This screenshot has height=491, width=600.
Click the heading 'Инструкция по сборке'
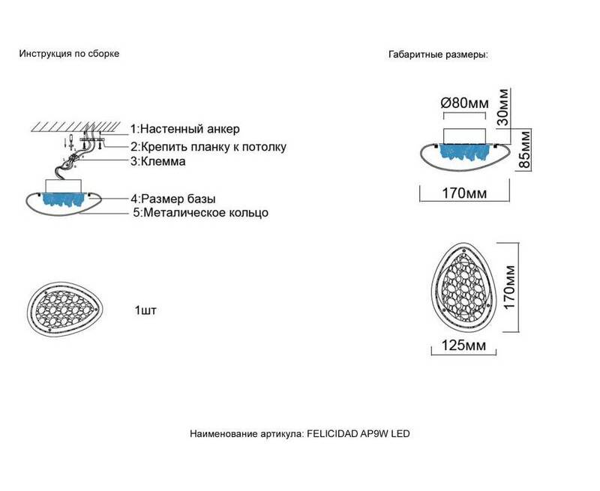(69, 53)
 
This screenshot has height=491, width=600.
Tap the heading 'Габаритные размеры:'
(438, 55)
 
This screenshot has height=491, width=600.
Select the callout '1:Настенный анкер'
(185, 129)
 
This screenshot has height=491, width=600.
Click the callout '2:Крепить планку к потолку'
(208, 147)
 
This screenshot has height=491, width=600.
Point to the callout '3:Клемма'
(158, 161)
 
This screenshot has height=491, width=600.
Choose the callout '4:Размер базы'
(173, 199)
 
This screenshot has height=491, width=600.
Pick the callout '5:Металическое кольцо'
(200, 213)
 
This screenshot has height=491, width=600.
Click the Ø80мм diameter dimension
(464, 103)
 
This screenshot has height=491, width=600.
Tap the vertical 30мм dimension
(503, 107)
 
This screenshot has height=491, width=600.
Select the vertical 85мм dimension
(525, 149)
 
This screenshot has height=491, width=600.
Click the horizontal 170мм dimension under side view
(464, 193)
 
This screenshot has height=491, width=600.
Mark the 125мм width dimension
(463, 346)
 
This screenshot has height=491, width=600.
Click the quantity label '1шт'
(145, 310)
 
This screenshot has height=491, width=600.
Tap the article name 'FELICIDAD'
(332, 433)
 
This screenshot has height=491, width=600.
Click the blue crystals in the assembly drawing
(64, 200)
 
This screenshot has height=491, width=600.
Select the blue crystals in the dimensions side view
(464, 152)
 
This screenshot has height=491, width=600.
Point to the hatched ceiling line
(76, 127)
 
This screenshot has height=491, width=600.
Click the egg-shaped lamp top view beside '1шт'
(66, 308)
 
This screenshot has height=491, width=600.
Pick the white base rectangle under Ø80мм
(464, 136)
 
